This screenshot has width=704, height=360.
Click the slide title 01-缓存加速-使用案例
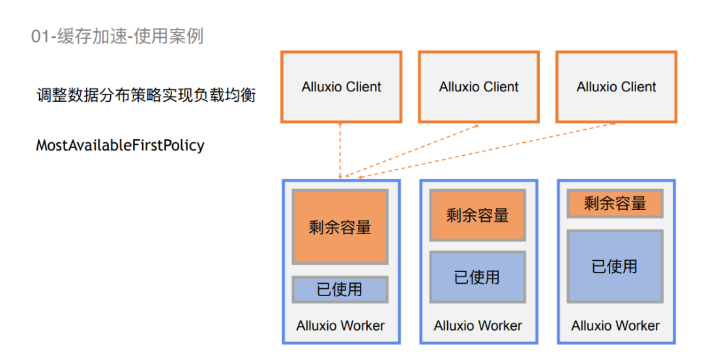click(117, 36)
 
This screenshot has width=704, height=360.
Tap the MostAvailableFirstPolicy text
click(120, 145)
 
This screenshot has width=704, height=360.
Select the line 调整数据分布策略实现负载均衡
click(146, 95)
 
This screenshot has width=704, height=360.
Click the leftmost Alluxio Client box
click(341, 87)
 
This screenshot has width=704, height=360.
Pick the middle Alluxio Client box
click(478, 87)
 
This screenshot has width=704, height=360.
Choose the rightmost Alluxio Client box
click(616, 87)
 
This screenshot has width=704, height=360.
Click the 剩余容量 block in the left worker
click(340, 227)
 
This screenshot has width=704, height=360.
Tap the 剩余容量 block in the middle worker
click(477, 215)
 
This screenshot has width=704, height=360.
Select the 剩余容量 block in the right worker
click(615, 203)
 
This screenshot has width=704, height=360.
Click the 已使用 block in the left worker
click(340, 289)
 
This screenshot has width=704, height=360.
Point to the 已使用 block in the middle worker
click(477, 277)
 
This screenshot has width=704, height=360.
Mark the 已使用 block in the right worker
click(615, 266)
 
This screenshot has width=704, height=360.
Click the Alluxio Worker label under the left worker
click(340, 325)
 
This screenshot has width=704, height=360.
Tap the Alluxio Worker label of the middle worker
click(478, 325)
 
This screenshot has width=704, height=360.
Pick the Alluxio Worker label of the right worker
click(615, 325)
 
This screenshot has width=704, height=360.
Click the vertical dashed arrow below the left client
click(340, 150)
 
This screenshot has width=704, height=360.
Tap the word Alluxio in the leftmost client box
click(321, 87)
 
